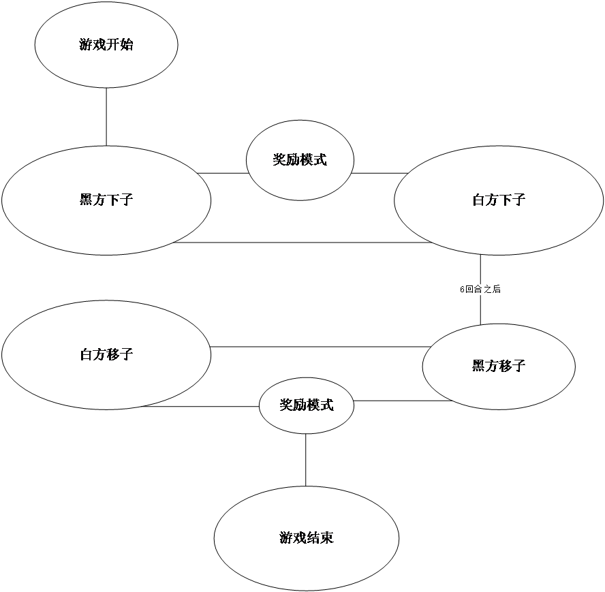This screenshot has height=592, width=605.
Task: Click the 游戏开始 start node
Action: point(106,45)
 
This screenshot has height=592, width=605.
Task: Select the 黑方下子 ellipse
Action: point(106,200)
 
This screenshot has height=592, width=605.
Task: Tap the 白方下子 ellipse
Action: point(499,200)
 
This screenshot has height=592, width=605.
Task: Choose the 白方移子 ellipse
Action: point(106,355)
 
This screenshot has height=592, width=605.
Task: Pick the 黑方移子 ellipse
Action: point(499,367)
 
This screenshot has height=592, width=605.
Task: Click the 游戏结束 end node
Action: point(307,538)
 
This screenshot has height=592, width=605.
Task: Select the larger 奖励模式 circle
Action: point(300,160)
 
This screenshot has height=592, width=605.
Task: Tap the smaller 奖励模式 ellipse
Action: point(307,405)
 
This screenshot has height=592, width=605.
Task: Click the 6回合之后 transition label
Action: point(480,290)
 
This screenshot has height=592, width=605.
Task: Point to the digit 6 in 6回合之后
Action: point(463,290)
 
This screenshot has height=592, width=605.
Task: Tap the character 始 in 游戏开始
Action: point(127,46)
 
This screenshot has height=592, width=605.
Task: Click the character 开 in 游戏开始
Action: point(113,46)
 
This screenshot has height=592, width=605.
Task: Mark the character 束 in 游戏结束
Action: point(327,538)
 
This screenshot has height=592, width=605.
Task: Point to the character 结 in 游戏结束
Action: point(313,538)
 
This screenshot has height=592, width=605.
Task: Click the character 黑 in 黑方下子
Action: point(87,200)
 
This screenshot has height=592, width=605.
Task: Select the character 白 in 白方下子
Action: point(479,200)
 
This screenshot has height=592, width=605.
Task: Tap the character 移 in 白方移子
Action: point(113,355)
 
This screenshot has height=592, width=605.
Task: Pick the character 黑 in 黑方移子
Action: point(479,367)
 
